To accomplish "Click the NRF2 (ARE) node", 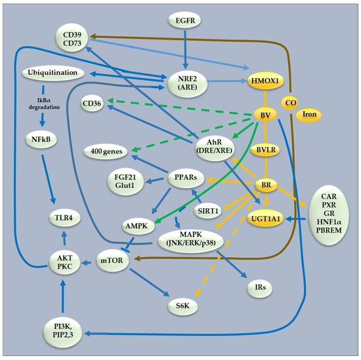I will pyautogui.click(x=188, y=83).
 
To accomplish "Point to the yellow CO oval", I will pyautogui.click(x=291, y=102).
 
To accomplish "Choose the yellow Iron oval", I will pyautogui.click(x=310, y=114).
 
